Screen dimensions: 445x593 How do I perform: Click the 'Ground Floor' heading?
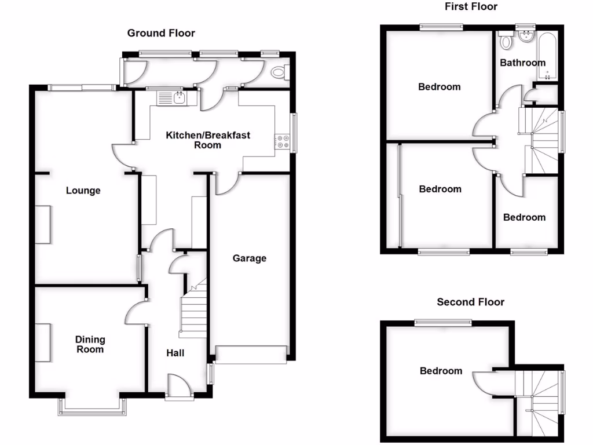[161, 33]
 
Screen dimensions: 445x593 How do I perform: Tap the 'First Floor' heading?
[471, 6]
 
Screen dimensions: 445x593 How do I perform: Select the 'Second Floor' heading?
[470, 302]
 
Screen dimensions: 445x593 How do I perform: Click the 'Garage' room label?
[250, 258]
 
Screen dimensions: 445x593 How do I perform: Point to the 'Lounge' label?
[83, 190]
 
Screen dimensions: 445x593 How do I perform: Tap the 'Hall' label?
[175, 352]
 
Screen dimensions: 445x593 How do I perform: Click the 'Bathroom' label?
[522, 63]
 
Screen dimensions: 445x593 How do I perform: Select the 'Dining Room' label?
[90, 344]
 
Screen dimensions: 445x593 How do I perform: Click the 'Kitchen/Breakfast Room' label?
[208, 140]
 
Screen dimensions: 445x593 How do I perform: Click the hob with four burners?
[283, 141]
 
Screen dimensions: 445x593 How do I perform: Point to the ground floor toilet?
[279, 72]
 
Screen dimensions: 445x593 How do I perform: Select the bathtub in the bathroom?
[548, 58]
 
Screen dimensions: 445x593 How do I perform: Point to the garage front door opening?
[251, 355]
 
